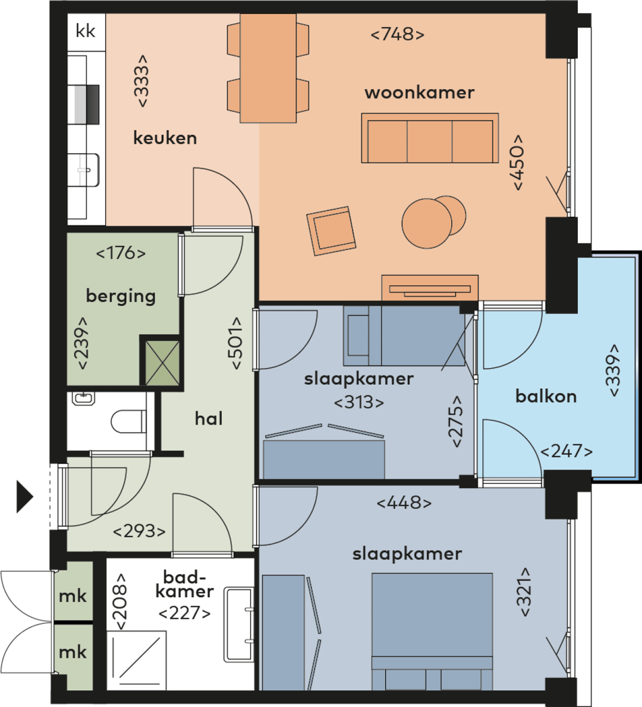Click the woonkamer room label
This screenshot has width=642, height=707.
pyautogui.click(x=420, y=93)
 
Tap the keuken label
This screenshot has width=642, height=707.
pyautogui.click(x=165, y=138)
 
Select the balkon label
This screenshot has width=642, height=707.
pyautogui.click(x=546, y=397)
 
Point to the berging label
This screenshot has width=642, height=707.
pyautogui.click(x=121, y=296)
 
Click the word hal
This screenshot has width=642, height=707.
pyautogui.click(x=209, y=419)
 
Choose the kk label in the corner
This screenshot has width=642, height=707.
pyautogui.click(x=86, y=31)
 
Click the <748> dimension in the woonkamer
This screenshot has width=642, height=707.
pyautogui.click(x=397, y=34)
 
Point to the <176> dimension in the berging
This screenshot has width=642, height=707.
pyautogui.click(x=121, y=253)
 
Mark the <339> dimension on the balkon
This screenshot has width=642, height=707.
pyautogui.click(x=613, y=370)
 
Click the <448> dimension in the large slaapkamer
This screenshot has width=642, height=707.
pyautogui.click(x=404, y=503)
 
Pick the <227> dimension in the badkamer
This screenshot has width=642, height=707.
pyautogui.click(x=184, y=613)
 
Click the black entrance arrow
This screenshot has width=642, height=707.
pyautogui.click(x=25, y=496)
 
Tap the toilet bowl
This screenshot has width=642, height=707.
pyautogui.click(x=128, y=421)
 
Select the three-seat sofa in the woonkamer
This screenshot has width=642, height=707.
pyautogui.click(x=430, y=138)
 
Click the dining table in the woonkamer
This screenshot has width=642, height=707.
pyautogui.click(x=268, y=68)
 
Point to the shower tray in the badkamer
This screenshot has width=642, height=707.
pyautogui.click(x=136, y=660)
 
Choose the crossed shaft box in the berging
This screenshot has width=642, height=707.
pyautogui.click(x=162, y=363)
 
